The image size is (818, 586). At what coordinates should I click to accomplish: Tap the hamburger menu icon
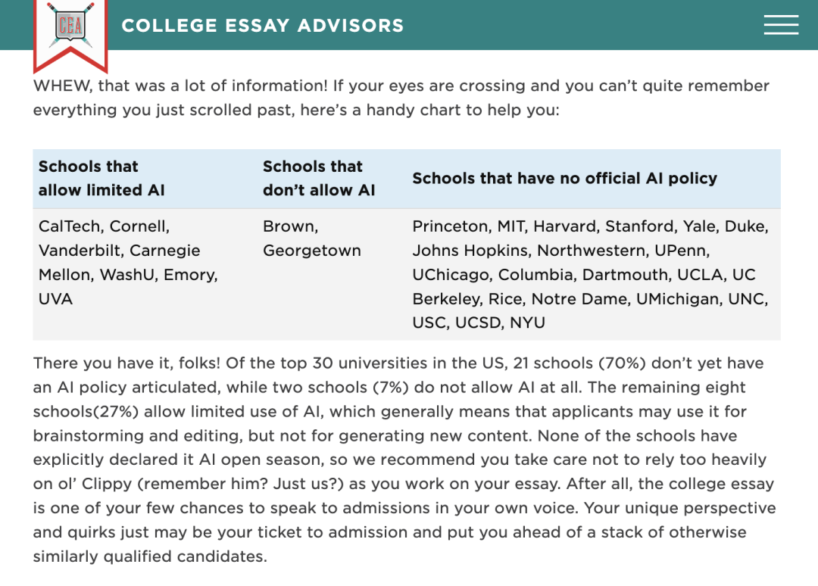tap(781, 25)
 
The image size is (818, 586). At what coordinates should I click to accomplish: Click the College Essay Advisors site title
tap(262, 26)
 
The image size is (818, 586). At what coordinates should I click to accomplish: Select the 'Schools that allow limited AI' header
tap(101, 179)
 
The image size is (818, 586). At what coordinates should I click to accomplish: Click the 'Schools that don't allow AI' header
tap(318, 179)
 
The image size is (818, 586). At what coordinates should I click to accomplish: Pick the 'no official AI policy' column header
tap(564, 179)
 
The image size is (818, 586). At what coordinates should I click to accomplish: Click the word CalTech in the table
tap(71, 226)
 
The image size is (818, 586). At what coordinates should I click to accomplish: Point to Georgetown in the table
tap(311, 251)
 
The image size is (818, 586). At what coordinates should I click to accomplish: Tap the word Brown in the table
tap(289, 226)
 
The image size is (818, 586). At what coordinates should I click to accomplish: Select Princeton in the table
tap(450, 226)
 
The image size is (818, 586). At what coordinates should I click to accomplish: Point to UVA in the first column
tap(55, 299)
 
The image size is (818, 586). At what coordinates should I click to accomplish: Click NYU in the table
tap(527, 323)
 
